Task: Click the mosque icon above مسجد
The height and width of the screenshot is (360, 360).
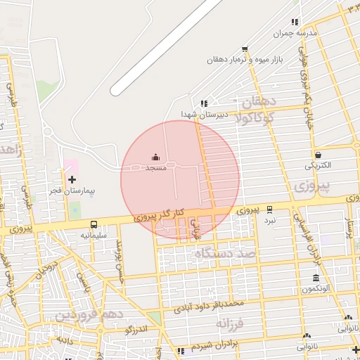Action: point(155,157)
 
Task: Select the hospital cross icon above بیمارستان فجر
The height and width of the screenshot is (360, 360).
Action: point(72,179)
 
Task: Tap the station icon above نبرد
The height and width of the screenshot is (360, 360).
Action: point(270,209)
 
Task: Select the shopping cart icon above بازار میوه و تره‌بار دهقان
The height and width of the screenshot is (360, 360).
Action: point(244,49)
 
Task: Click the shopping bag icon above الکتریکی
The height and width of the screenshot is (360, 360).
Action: point(318,155)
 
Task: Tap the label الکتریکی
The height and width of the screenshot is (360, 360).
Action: point(319,166)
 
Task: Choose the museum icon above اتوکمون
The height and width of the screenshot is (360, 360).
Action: point(315,278)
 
